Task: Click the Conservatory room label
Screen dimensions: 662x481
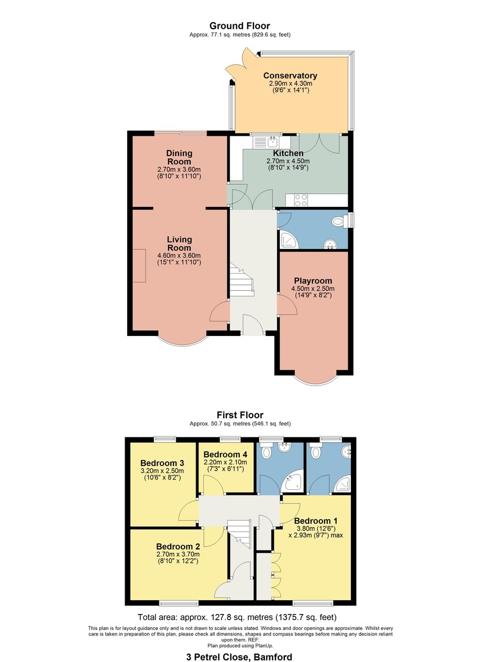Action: point(290,76)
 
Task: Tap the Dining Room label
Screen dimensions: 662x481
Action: point(179,157)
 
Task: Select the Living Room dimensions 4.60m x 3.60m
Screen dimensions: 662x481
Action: point(179,255)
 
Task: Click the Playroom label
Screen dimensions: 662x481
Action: point(313,280)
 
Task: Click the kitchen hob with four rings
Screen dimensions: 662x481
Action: point(301,200)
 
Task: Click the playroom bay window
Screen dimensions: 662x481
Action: point(314,379)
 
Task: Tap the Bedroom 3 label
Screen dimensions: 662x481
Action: point(161,463)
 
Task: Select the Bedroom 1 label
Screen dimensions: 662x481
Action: point(316,521)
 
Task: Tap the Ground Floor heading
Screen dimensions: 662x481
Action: point(240,26)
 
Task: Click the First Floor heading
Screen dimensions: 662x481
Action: point(240,415)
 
